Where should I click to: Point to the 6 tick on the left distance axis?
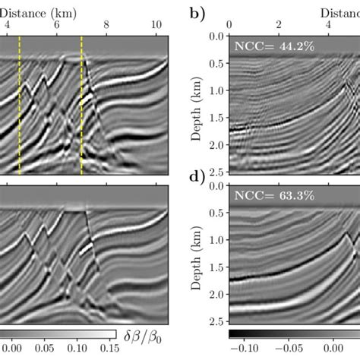56,24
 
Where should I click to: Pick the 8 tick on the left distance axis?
106,24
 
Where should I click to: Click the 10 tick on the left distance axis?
156,24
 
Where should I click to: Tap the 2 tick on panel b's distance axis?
279,24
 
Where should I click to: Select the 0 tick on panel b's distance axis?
229,24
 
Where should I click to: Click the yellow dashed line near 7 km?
81,106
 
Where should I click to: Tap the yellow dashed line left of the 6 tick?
20,106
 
